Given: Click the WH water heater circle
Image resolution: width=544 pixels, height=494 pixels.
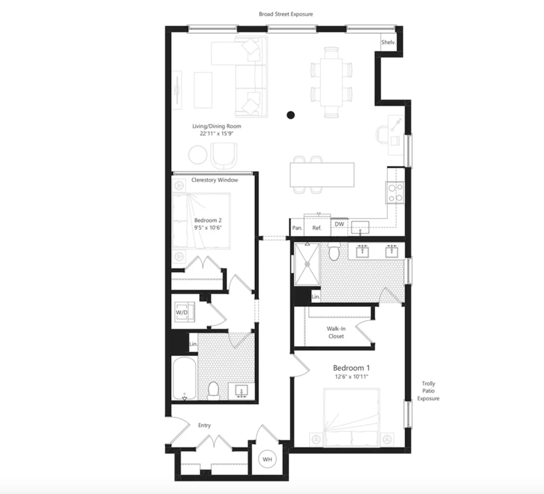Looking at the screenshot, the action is (x=267, y=459).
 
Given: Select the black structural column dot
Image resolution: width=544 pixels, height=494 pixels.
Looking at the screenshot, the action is (x=291, y=115).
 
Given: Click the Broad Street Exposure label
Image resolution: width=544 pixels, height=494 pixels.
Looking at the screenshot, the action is (x=286, y=14).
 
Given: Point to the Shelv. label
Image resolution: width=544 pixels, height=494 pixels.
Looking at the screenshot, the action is (x=388, y=42).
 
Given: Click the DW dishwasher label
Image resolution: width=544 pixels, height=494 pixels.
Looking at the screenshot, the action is (x=340, y=224).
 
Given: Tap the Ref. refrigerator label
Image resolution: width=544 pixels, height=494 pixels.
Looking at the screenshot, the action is (x=317, y=228).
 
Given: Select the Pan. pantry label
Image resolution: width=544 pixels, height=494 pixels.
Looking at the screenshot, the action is (x=297, y=228).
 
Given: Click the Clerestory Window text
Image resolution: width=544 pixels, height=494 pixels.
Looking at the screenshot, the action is (x=215, y=180).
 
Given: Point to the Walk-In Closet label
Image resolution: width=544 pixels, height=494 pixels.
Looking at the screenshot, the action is (x=336, y=332).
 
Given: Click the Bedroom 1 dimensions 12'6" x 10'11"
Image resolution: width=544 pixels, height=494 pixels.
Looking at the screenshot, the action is (x=352, y=377).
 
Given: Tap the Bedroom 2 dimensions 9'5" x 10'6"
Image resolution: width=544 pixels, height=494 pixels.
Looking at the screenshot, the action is (x=208, y=228).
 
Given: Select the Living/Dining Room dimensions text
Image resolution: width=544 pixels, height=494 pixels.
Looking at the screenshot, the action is (x=217, y=134).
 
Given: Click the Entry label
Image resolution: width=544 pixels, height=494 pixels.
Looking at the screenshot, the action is (x=204, y=425).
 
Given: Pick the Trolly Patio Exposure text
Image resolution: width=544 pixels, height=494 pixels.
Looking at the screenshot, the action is (x=428, y=391).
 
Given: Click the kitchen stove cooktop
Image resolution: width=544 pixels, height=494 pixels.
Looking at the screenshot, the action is (x=395, y=193).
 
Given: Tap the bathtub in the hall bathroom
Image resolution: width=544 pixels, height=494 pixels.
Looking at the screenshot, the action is (x=184, y=378).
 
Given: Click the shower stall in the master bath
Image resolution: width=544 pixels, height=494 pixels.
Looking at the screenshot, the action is (x=308, y=264).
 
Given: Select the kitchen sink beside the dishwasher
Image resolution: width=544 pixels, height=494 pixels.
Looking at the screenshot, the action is (x=360, y=228).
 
